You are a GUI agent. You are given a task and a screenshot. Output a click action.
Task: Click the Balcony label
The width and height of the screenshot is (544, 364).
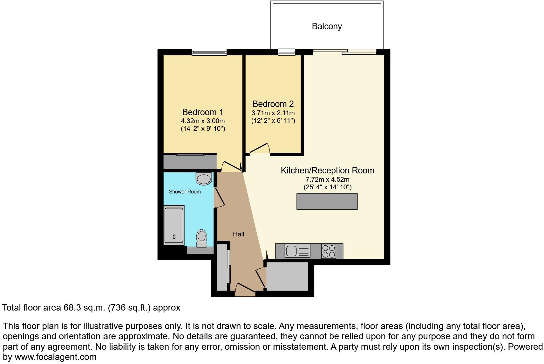coord(327,26)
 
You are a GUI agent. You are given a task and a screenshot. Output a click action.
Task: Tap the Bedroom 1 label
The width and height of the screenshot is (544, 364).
coord(202,112)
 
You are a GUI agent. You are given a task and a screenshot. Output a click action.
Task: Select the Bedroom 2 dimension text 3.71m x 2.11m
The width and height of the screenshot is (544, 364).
coord(273,113)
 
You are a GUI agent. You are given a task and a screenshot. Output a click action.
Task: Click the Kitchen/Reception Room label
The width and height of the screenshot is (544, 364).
coord(327,171)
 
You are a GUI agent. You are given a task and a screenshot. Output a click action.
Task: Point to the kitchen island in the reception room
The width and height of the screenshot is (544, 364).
coord(327,201)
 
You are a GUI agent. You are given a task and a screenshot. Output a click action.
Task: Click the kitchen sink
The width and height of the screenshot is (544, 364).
coord(291,251)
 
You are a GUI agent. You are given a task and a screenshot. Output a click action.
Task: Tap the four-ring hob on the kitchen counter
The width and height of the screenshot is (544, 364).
coord(329,251)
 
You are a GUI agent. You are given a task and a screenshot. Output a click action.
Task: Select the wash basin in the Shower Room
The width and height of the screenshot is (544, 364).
coord(204,179)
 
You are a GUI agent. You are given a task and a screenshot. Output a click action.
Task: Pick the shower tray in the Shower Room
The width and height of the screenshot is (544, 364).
coord(174,226)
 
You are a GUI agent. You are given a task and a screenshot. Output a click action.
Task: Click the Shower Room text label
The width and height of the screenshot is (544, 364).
coord(185,192)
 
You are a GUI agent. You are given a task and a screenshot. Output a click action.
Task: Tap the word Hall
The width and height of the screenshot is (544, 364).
coord(238,234)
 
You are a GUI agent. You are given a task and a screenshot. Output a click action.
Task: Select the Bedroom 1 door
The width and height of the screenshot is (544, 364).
coord(231,166)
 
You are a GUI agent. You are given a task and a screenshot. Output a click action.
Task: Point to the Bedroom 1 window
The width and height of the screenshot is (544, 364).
coord(209,52)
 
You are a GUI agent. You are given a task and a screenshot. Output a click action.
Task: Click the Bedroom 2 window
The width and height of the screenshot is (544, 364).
coord(287,52)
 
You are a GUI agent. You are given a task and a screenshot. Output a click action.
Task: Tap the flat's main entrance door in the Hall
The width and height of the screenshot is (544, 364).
coord(245,288)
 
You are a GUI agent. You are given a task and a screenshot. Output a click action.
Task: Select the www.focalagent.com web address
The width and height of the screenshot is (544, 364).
coord(55,357)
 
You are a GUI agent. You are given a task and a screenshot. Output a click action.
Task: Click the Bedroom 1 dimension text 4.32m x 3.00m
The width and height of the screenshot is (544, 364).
coord(203,121)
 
